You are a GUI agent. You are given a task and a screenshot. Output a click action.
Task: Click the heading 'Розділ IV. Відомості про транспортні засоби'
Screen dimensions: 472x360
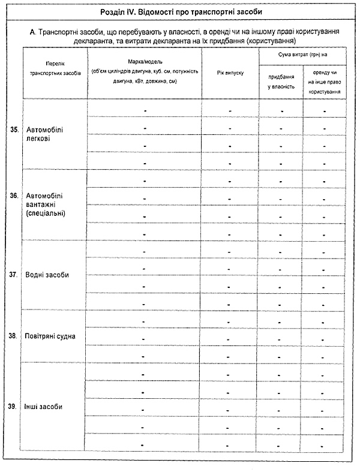tap(179, 11)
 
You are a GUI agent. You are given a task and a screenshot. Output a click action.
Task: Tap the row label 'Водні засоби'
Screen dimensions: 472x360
tap(47, 275)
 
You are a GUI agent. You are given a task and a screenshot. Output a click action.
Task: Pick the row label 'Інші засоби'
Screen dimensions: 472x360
tap(43, 407)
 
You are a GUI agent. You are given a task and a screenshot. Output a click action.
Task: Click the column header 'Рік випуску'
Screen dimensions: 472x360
tap(230, 72)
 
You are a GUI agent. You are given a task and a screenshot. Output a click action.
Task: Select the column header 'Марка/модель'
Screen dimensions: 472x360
tap(145, 62)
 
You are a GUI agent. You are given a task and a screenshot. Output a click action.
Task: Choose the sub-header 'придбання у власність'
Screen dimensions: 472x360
tap(281, 82)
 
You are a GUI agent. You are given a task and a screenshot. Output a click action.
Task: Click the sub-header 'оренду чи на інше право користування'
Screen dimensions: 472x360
tap(325, 82)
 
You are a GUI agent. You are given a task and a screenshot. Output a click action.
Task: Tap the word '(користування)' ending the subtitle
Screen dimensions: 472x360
tap(267, 40)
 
